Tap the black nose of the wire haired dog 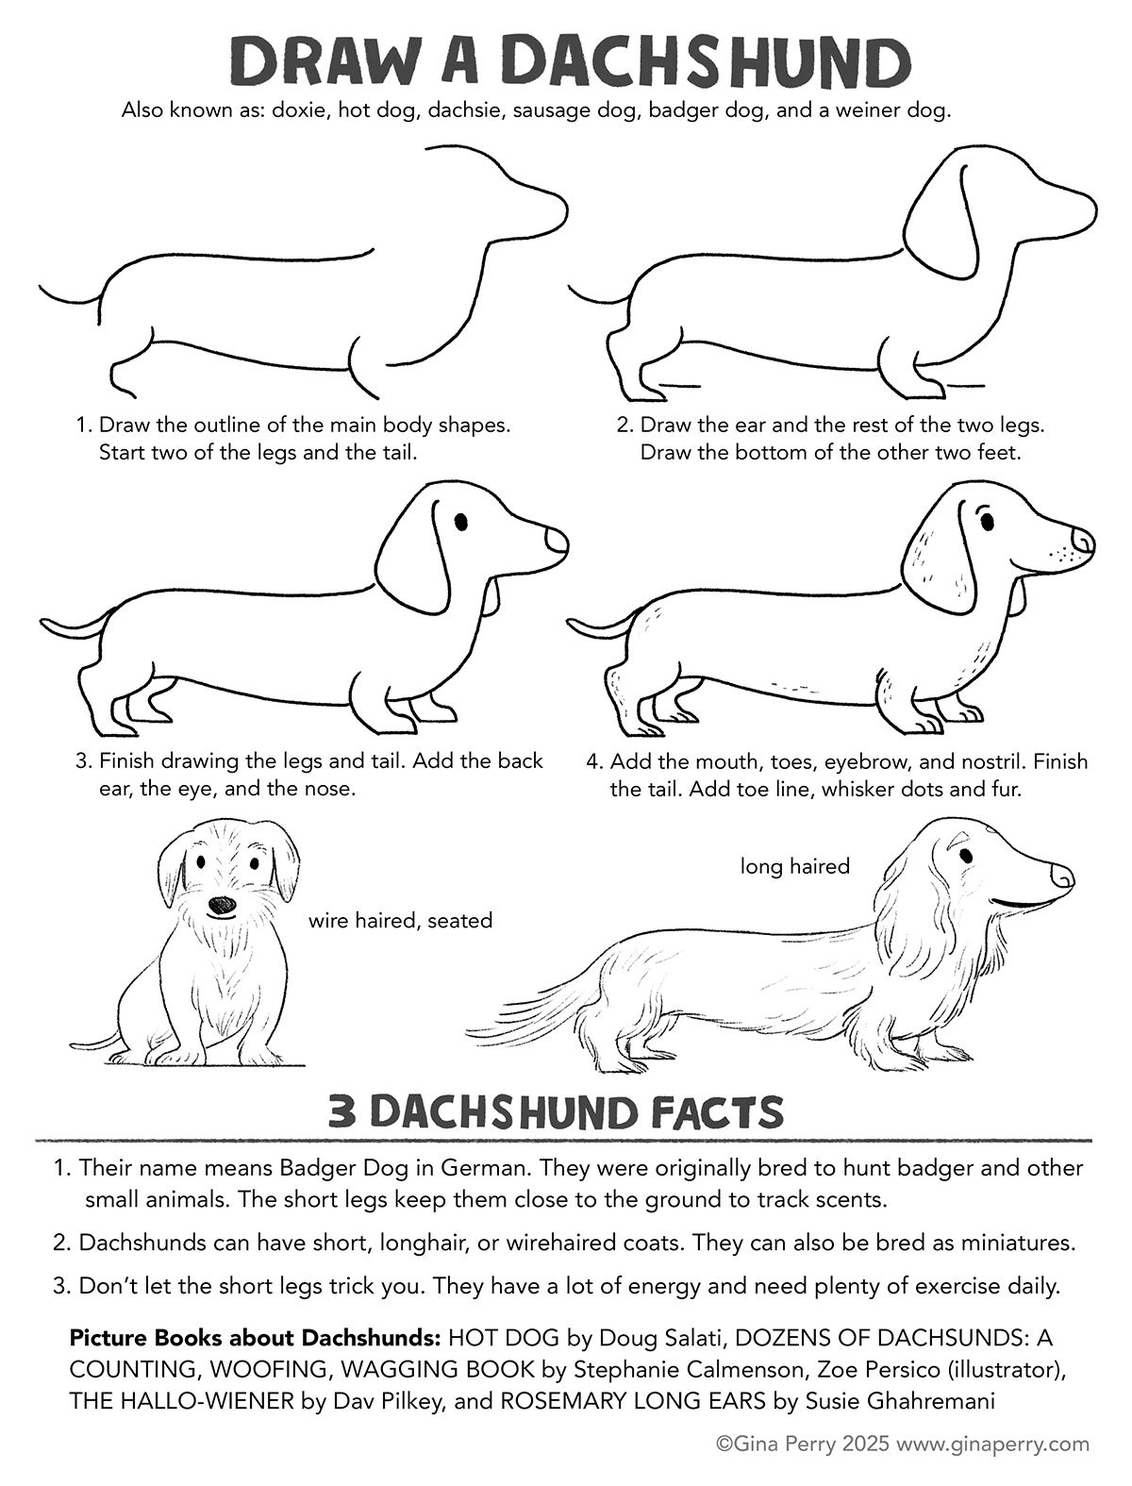pyautogui.click(x=222, y=906)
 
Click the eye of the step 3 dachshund pyautogui.click(x=461, y=522)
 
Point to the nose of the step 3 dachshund pyautogui.click(x=557, y=542)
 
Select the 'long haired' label pyautogui.click(x=794, y=866)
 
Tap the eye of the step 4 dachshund pyautogui.click(x=988, y=522)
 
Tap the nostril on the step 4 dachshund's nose pyautogui.click(x=1084, y=542)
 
